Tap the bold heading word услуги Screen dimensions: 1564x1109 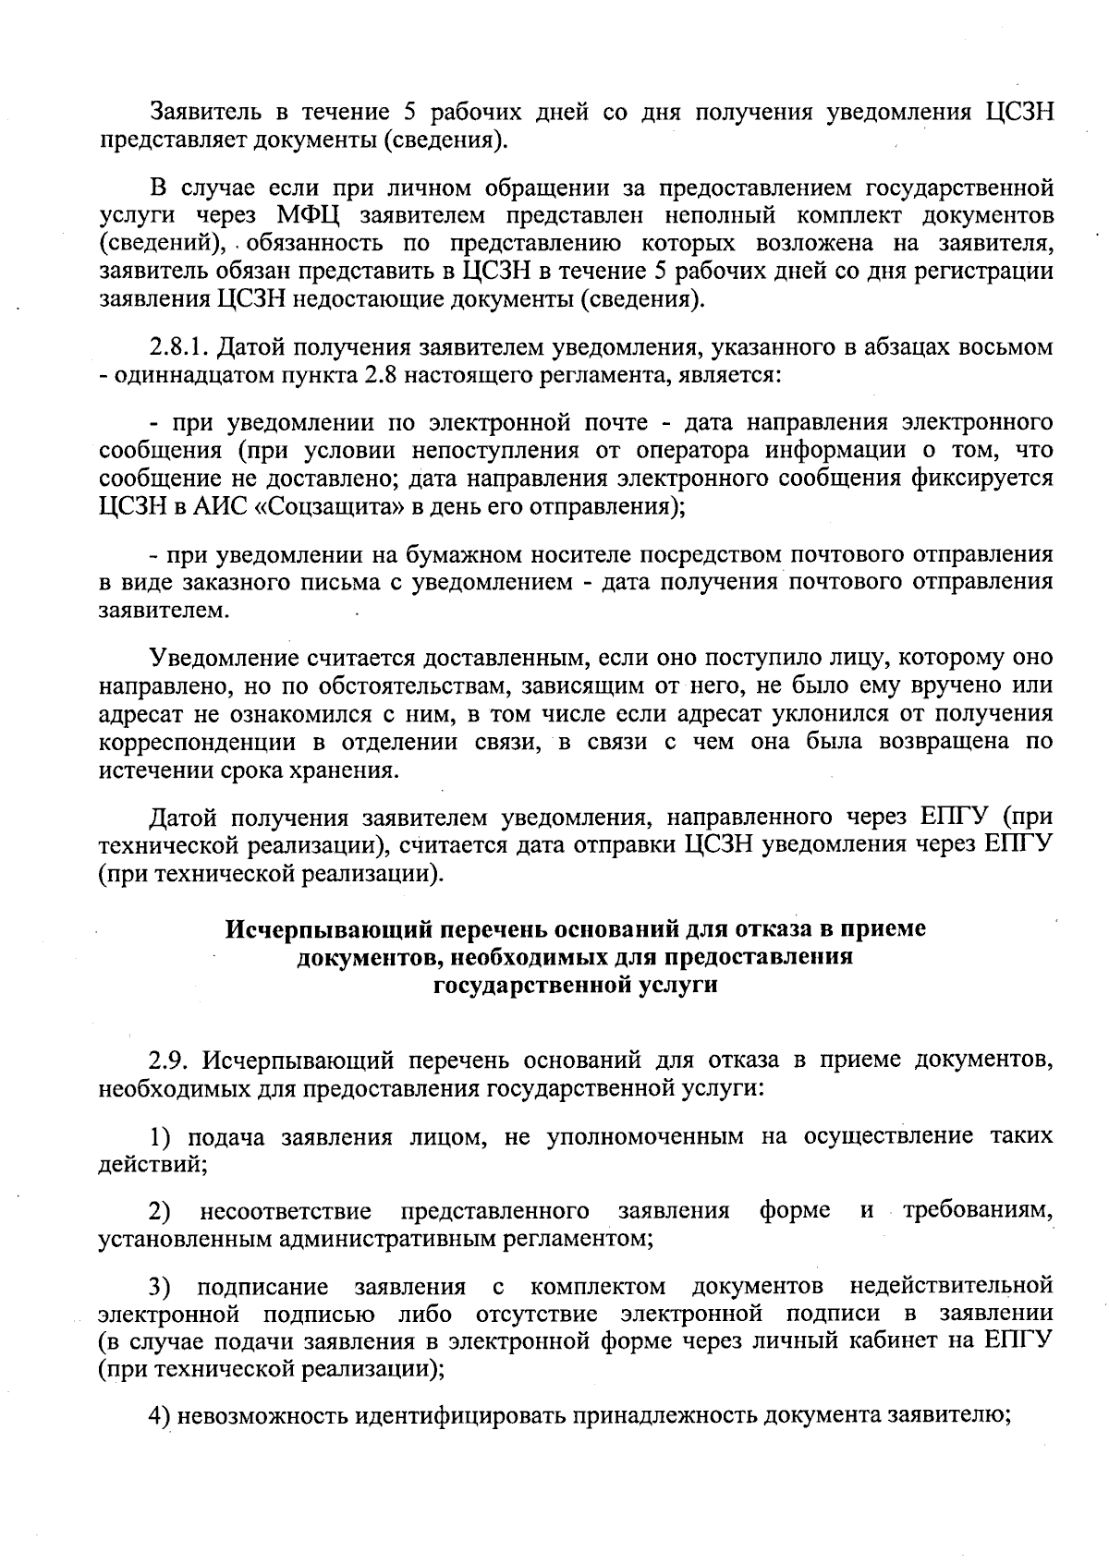[678, 985]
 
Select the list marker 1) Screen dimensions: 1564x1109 [163, 1136]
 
